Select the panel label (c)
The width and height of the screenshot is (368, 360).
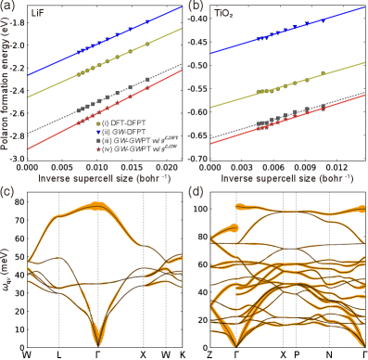click(x=7, y=193)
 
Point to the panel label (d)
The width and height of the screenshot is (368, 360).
click(x=194, y=193)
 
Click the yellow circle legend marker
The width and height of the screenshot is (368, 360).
click(x=98, y=122)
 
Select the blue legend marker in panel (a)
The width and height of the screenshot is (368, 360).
click(x=98, y=131)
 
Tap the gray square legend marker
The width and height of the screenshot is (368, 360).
click(x=98, y=140)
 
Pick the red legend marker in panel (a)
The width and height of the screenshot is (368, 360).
click(x=98, y=148)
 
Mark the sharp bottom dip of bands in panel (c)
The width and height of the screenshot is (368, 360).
click(x=97, y=341)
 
